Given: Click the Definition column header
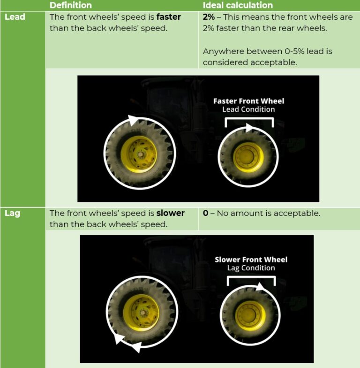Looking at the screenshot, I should [x=70, y=6].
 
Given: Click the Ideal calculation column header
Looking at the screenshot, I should [x=238, y=6].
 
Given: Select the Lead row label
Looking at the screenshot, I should [x=15, y=17].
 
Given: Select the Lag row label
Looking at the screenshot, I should [x=13, y=214].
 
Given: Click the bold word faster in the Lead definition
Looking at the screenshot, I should [x=168, y=17].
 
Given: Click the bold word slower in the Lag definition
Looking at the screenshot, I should [x=170, y=214].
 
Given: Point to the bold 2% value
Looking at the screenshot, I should [x=208, y=17].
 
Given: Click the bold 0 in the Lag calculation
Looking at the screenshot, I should [x=205, y=214].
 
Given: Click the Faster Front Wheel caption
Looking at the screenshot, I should [x=248, y=101].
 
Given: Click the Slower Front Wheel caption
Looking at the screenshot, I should [x=251, y=260].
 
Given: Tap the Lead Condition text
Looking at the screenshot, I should [x=248, y=109].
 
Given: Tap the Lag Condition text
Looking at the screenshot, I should [x=251, y=268].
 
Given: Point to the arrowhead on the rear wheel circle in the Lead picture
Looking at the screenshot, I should [x=134, y=119].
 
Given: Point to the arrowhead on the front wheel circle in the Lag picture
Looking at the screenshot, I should [x=259, y=287].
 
